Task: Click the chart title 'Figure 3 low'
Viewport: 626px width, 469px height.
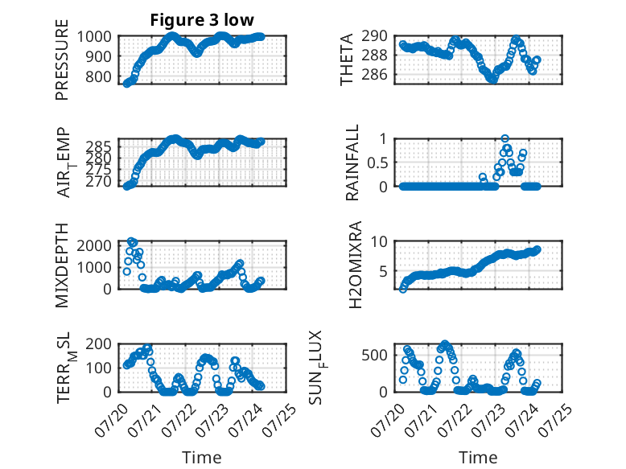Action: point(202,20)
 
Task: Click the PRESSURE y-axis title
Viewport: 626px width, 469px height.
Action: point(62,60)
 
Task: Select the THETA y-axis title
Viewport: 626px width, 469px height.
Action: point(347,60)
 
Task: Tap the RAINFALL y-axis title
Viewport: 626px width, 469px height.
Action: point(352,163)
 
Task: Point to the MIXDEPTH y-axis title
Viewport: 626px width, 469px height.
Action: point(62,265)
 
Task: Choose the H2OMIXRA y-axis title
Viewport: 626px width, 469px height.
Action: point(355,265)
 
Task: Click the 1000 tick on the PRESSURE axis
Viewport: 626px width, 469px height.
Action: point(94,37)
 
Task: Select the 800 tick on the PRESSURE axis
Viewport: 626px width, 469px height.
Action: point(99,76)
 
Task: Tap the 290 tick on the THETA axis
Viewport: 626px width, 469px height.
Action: point(374,36)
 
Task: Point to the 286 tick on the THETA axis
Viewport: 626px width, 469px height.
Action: point(374,74)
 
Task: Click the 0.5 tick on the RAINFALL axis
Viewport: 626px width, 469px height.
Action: point(377,163)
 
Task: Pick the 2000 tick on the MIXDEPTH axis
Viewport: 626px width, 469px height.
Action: point(94,245)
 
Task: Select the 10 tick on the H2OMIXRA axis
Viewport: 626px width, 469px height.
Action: point(379,241)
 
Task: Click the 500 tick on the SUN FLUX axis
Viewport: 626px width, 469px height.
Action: point(374,355)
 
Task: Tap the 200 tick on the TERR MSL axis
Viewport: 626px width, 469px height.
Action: point(99,344)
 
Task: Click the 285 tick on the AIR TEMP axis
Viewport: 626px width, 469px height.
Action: point(99,146)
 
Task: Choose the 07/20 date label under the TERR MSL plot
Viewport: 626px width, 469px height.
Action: point(111,421)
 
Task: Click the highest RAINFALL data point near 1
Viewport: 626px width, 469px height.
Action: point(505,139)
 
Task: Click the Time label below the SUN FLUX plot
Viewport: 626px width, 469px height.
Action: point(478,458)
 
